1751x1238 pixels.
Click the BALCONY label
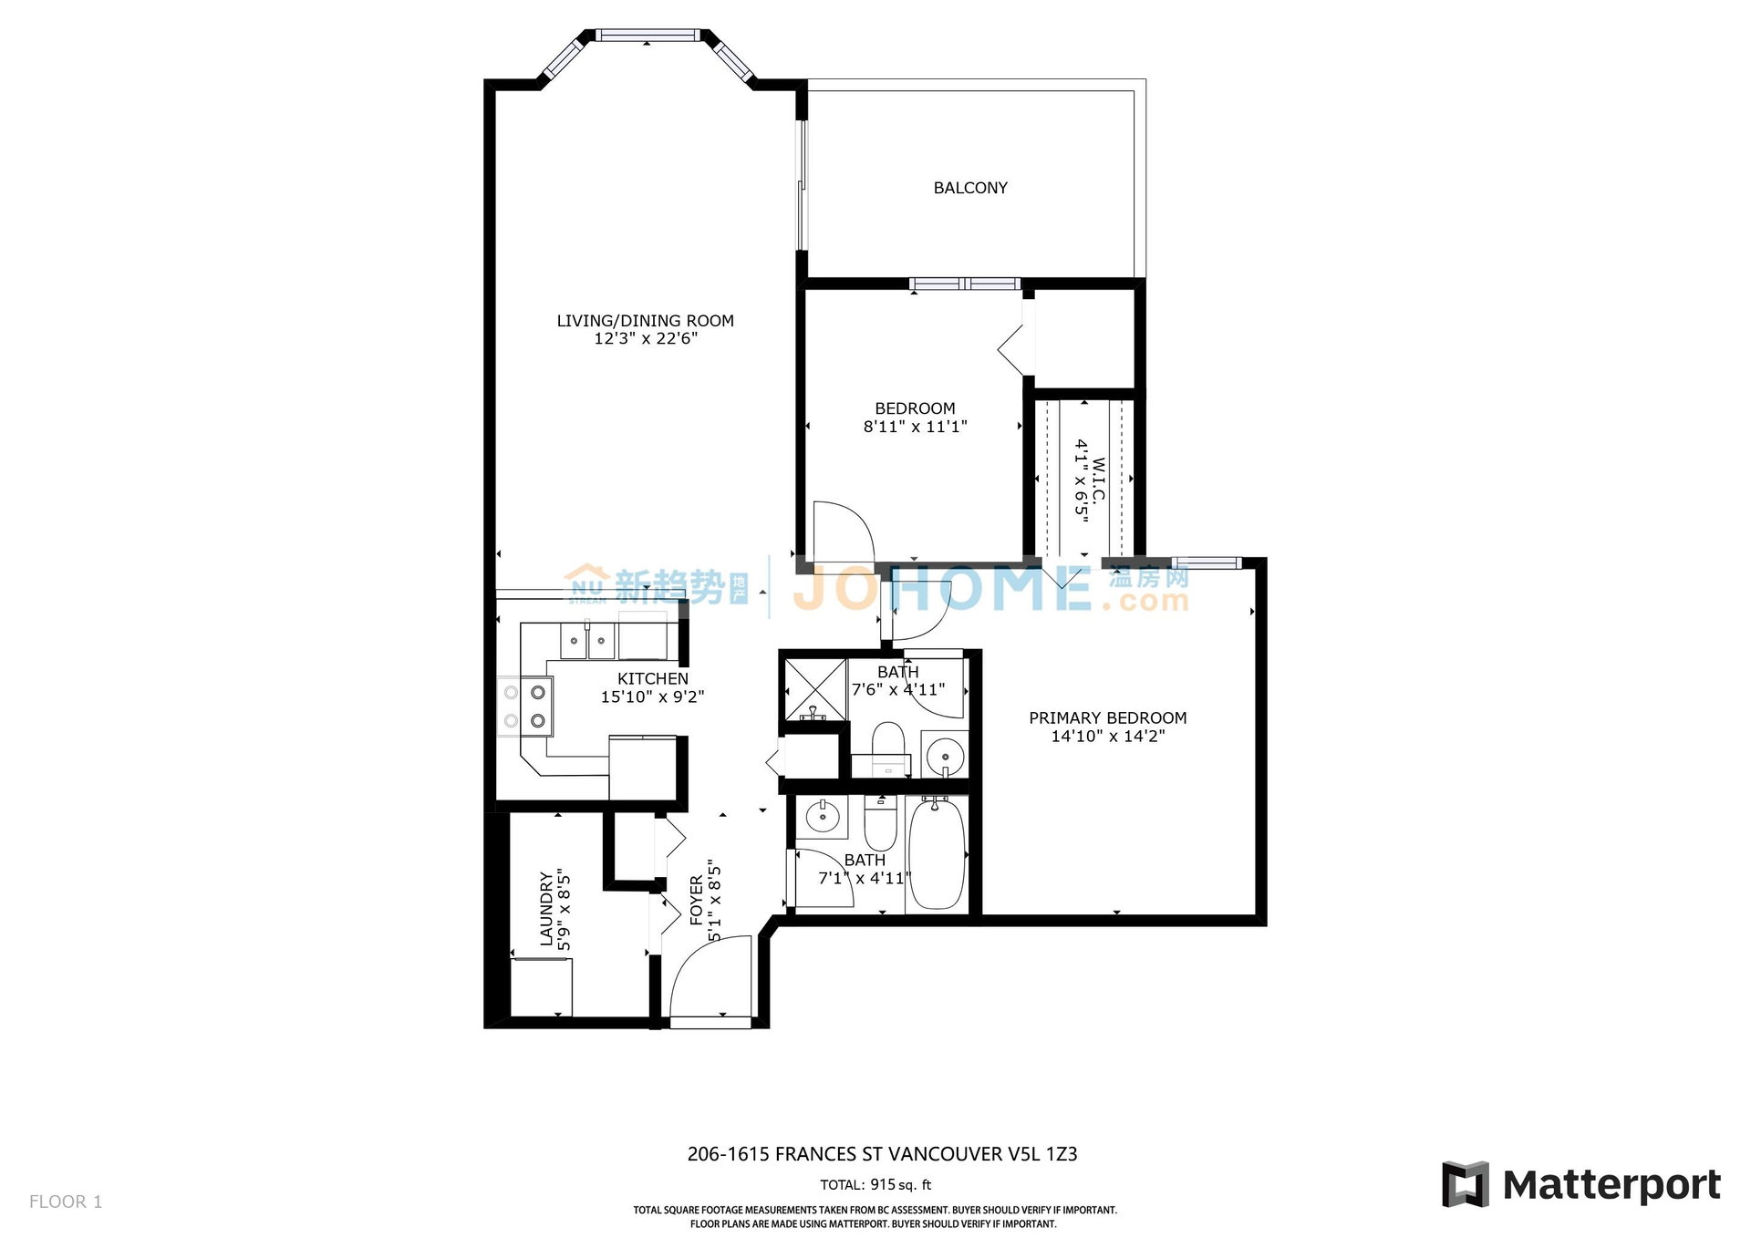tap(970, 188)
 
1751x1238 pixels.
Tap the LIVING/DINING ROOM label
tap(646, 321)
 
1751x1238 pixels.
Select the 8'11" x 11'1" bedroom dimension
tap(915, 426)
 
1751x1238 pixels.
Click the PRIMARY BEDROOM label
tap(1108, 718)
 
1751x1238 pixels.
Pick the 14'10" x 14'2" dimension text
tap(1108, 737)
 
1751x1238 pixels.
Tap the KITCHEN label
tap(653, 679)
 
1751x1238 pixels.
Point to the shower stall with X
tap(815, 688)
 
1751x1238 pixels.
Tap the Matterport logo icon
tap(1465, 1184)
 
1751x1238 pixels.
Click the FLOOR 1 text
tap(66, 1202)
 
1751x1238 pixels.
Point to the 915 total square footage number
tap(882, 1185)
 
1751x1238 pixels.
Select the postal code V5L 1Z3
tap(1042, 1154)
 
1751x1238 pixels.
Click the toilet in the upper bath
tap(887, 742)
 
